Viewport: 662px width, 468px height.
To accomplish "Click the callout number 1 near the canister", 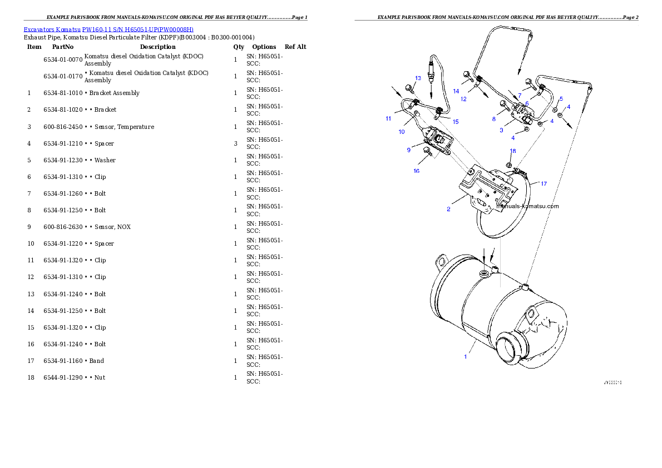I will [466, 356].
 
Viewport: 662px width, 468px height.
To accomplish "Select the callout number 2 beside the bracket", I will [448, 209].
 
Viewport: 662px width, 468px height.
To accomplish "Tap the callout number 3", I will [501, 130].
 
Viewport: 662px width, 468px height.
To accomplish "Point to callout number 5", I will [561, 98].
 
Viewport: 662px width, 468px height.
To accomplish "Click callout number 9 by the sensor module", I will [408, 149].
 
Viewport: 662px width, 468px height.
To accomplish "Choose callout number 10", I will [401, 132].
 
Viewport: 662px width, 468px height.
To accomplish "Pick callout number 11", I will [388, 118].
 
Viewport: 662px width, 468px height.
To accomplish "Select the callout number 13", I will [418, 78].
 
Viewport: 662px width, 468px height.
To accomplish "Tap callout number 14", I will [456, 91].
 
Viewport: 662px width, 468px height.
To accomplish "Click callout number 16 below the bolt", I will [416, 171].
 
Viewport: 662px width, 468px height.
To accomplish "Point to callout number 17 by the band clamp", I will [544, 183].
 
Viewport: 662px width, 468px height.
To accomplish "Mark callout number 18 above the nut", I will [513, 151].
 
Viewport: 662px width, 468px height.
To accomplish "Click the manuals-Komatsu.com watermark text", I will [527, 206].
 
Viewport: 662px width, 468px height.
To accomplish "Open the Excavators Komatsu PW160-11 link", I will [108, 29].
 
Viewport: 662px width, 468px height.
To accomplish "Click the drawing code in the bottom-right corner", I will [612, 382].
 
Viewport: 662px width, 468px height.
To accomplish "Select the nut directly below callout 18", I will [510, 165].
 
